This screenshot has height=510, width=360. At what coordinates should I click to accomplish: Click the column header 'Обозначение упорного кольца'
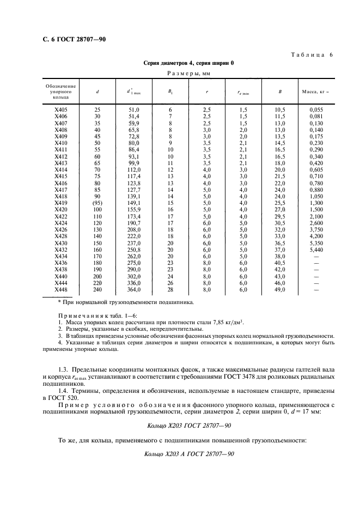(60, 92)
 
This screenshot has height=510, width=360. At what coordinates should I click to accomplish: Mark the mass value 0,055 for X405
(316, 110)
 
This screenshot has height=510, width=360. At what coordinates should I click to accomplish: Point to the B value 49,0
(280, 290)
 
